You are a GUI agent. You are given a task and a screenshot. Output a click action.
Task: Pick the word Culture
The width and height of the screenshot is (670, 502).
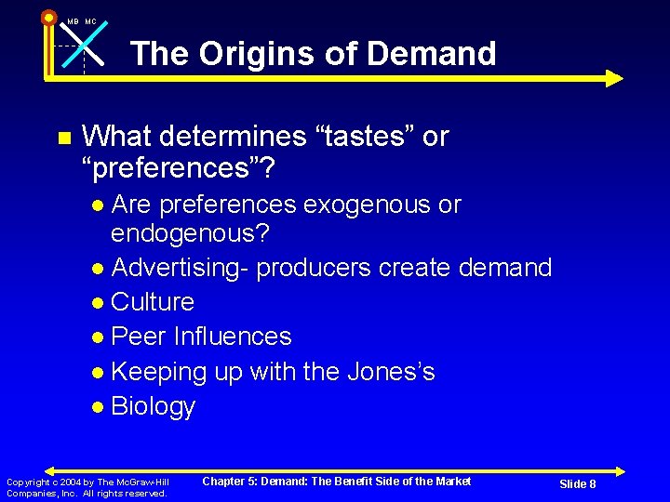click(153, 302)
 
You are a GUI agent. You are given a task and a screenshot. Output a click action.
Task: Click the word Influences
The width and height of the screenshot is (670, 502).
click(234, 337)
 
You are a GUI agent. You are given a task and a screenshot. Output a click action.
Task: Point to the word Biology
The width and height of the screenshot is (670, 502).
click(153, 407)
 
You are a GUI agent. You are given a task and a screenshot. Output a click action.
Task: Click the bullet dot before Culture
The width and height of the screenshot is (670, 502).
click(99, 303)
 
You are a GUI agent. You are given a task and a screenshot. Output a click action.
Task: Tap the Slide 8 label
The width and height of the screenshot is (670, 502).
click(577, 484)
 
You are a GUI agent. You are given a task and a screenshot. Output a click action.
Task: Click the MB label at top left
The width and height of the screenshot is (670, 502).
click(73, 21)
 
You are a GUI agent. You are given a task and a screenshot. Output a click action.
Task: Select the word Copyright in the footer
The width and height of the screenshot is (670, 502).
click(25, 482)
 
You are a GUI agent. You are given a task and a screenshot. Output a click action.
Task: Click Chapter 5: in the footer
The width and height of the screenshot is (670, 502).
click(234, 481)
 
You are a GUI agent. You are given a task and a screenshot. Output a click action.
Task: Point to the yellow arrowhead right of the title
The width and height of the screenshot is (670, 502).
click(614, 78)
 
